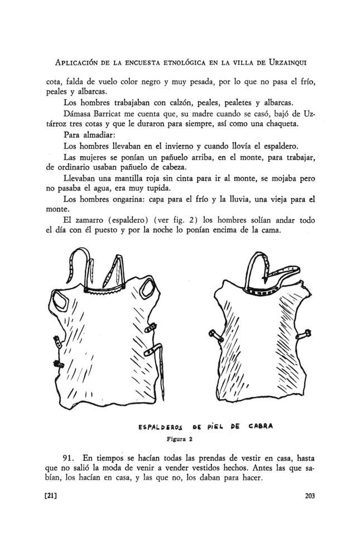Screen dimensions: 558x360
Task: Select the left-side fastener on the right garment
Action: point(217,336)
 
